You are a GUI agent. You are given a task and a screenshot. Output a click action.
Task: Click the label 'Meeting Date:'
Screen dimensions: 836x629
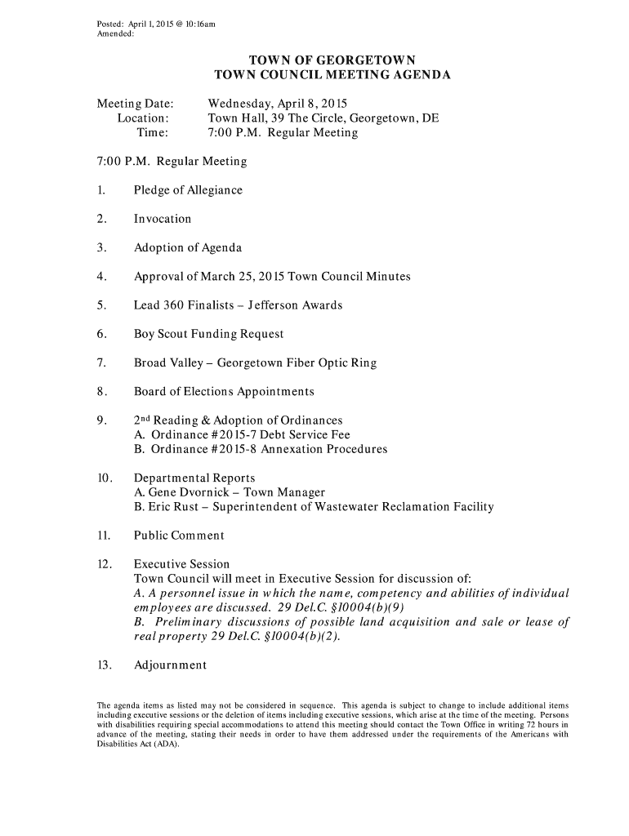(x=136, y=104)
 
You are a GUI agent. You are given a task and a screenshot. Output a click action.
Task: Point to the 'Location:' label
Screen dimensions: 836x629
(x=143, y=118)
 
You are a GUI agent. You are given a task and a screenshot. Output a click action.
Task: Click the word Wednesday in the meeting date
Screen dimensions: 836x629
(x=241, y=104)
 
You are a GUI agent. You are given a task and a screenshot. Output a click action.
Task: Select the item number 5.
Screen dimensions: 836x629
(x=100, y=305)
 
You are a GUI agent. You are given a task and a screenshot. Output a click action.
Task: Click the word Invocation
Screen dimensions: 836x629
(x=163, y=219)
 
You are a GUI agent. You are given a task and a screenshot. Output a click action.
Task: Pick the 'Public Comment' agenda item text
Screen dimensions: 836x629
(x=179, y=536)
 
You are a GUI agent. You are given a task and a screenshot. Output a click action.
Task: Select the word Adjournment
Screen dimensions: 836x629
(x=171, y=665)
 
